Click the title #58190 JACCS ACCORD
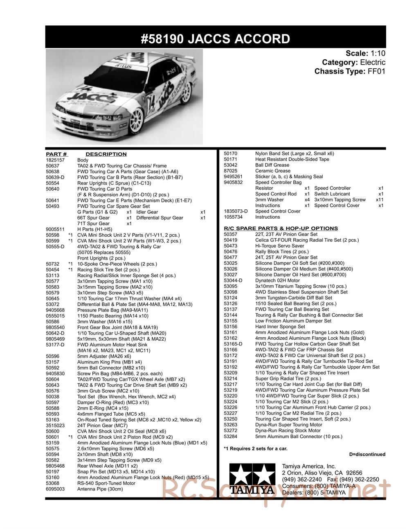[x=215, y=39]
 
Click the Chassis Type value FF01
[x=377, y=72]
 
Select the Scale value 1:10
[x=378, y=54]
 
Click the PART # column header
[x=56, y=154]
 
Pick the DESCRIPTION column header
[x=106, y=154]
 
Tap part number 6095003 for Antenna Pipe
[x=56, y=489]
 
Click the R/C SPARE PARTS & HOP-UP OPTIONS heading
[x=281, y=229]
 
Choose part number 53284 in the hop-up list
[x=231, y=437]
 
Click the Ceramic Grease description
[x=272, y=171]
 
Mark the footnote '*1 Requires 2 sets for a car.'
[x=256, y=448]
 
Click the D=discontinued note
[x=367, y=454]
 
